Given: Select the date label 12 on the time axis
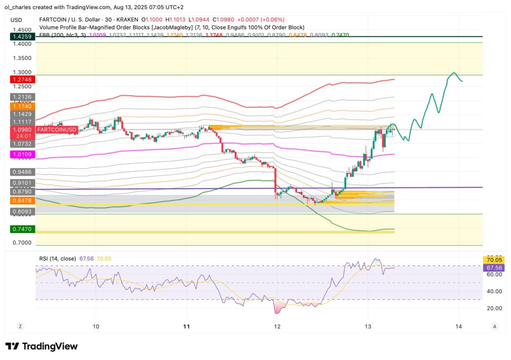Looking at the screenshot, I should pyautogui.click(x=277, y=327).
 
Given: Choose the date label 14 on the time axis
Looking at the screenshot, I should pyautogui.click(x=459, y=327).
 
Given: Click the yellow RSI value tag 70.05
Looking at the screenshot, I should pyautogui.click(x=494, y=260).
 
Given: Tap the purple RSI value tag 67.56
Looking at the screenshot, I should pyautogui.click(x=494, y=268).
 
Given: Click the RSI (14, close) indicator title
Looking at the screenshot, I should pyautogui.click(x=57, y=259).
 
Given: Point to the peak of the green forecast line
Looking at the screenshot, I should pyautogui.click(x=454, y=73).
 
